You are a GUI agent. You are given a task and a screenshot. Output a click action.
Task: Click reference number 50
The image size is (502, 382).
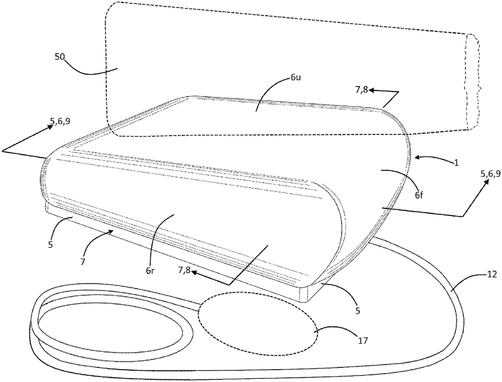[59, 56]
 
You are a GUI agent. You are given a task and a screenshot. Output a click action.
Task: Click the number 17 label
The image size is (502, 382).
[363, 340]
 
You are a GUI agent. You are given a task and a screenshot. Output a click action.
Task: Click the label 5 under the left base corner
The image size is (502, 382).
[50, 244]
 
